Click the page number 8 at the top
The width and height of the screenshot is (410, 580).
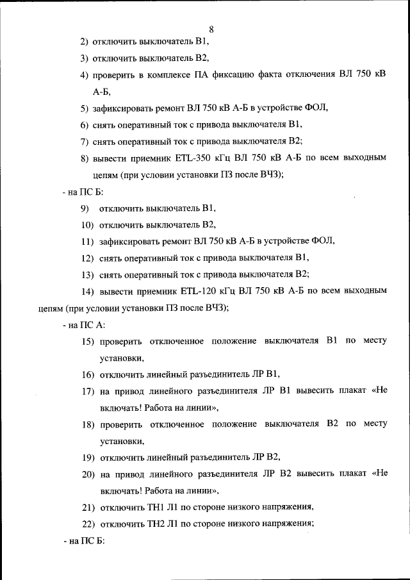[211, 29]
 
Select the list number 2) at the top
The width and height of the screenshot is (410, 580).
[84, 42]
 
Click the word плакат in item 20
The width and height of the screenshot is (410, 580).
[346, 474]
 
